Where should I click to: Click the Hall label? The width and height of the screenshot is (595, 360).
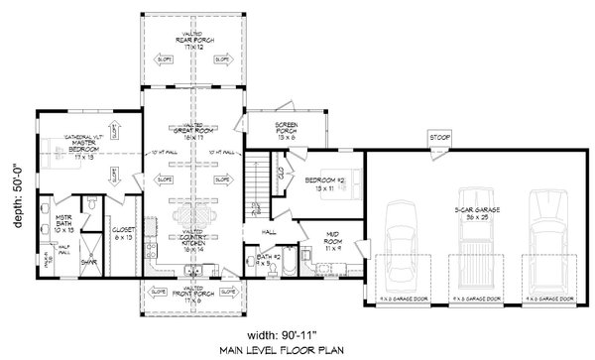(x=269, y=231)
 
